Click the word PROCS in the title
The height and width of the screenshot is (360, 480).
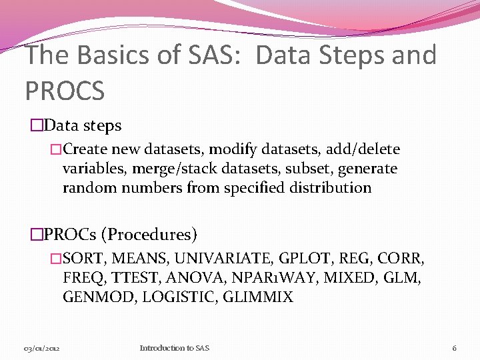(x=64, y=90)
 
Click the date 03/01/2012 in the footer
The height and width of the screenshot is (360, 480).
(x=43, y=348)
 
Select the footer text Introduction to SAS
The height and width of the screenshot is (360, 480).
(x=174, y=348)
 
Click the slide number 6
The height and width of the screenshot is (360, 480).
(x=454, y=348)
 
